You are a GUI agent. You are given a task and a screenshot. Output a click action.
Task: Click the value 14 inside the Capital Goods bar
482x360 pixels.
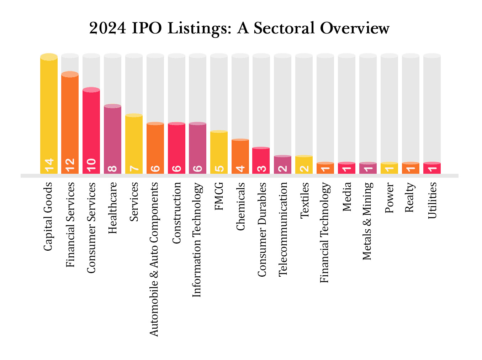pyautogui.click(x=49, y=165)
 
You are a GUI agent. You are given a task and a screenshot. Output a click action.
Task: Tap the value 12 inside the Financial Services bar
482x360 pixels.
pyautogui.click(x=70, y=165)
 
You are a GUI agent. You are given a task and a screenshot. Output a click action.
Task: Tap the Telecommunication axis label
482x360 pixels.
pyautogui.click(x=282, y=229)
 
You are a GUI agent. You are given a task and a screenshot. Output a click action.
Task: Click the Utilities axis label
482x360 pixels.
pyautogui.click(x=432, y=200)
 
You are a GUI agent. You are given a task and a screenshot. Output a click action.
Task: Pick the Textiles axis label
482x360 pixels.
pyautogui.click(x=304, y=200)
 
